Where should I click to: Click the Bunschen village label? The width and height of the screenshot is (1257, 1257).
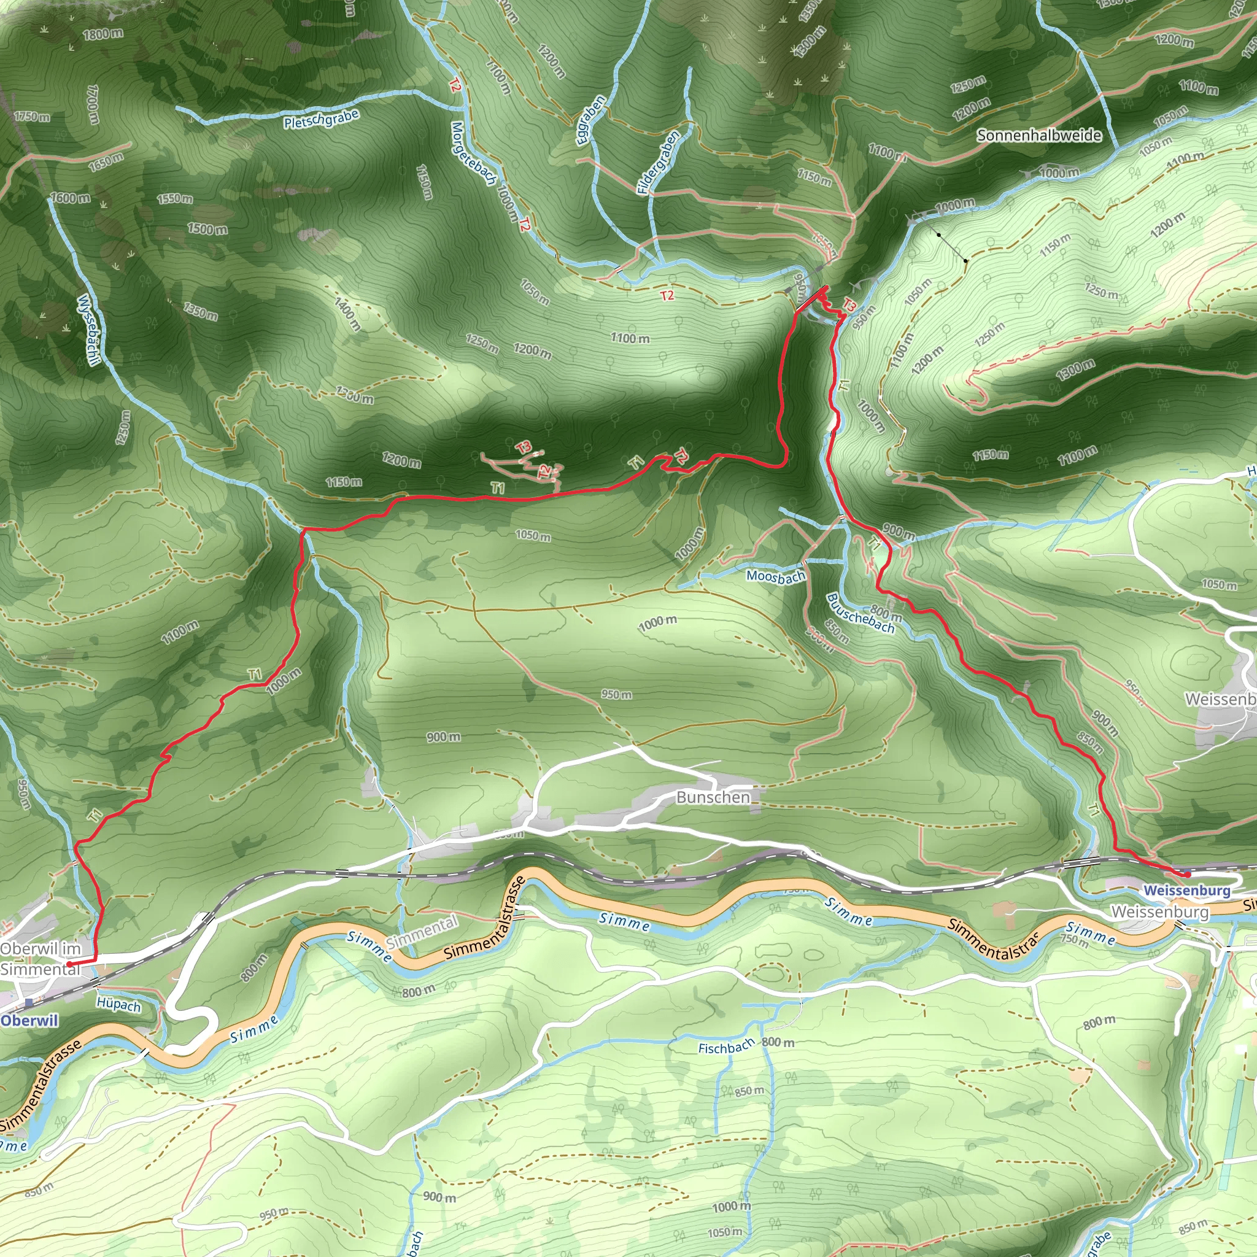tap(713, 797)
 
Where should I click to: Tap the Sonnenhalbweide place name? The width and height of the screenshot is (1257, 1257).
tap(1039, 135)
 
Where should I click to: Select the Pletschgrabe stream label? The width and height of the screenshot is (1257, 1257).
tap(322, 119)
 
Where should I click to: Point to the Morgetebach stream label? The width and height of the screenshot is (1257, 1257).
tap(474, 154)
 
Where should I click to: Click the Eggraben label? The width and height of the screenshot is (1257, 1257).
tap(591, 120)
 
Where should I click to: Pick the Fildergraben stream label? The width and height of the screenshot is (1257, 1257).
tap(658, 162)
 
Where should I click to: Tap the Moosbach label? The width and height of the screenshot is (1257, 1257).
tap(776, 576)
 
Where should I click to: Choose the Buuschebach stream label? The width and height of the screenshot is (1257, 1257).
tap(860, 613)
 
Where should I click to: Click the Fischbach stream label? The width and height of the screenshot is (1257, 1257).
tap(726, 1047)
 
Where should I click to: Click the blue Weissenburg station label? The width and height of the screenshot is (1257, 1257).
tap(1187, 890)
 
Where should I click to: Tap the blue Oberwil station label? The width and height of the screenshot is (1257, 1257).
tap(29, 1021)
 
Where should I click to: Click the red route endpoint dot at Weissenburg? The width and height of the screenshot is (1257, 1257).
tap(1188, 875)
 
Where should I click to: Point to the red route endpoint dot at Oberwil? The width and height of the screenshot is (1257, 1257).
tap(69, 964)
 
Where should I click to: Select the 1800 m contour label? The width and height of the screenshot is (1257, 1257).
tap(102, 33)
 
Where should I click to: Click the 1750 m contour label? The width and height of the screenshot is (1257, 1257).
tap(31, 117)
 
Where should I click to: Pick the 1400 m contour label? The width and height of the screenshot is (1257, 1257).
tap(347, 314)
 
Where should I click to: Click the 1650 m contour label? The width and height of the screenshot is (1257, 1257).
tap(106, 161)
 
